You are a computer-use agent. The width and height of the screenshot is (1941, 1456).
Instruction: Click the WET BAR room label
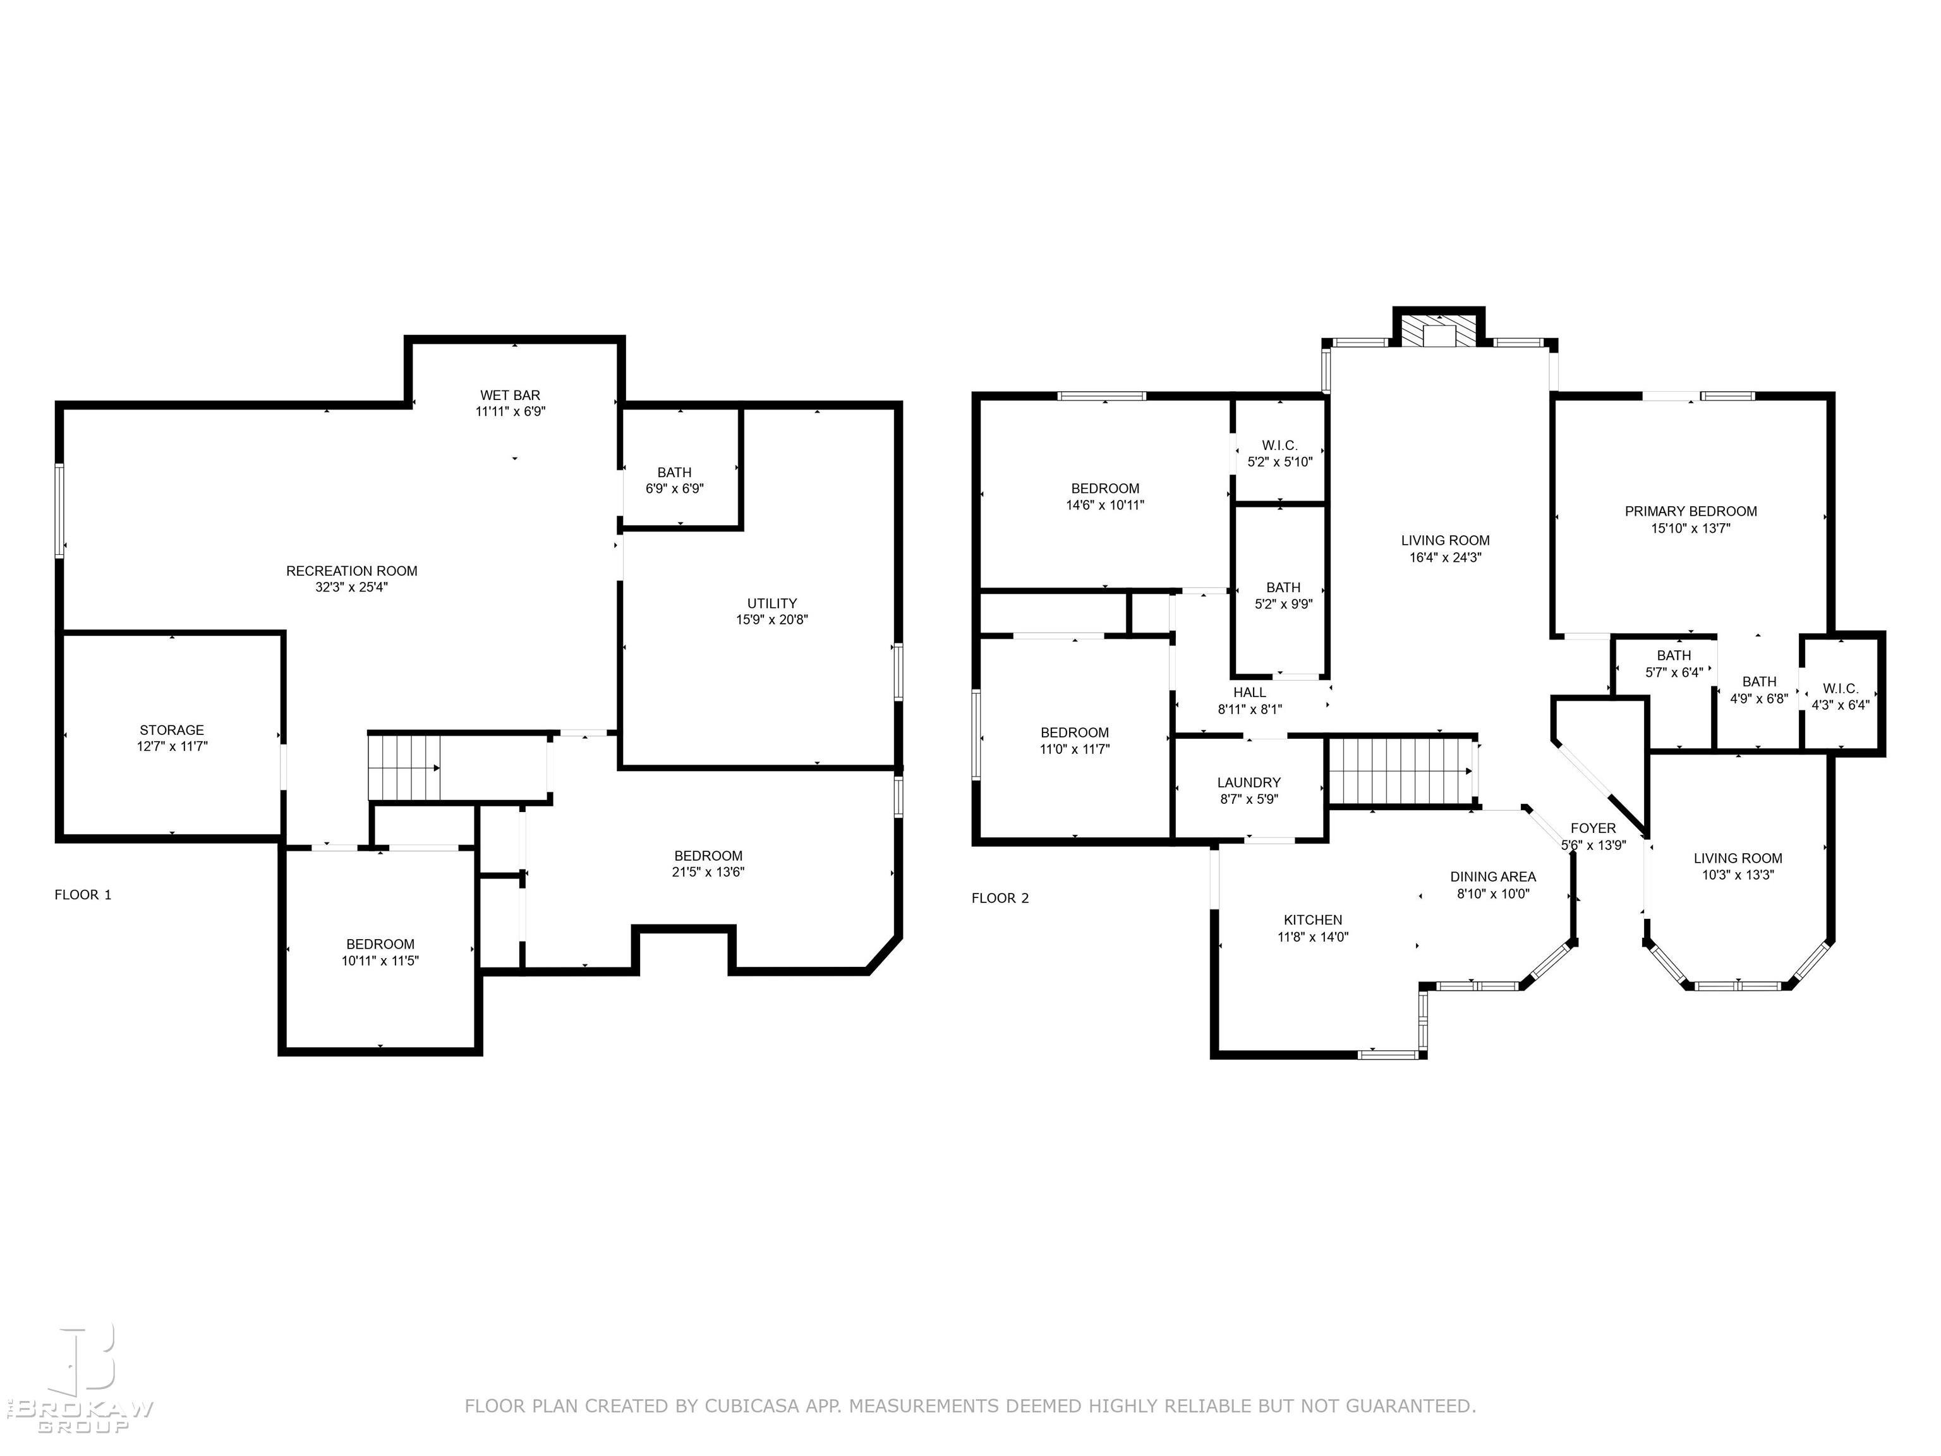pyautogui.click(x=510, y=395)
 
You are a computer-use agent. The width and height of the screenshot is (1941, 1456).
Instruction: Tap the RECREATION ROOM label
pyautogui.click(x=352, y=571)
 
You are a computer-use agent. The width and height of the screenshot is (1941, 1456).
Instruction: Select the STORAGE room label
pyautogui.click(x=172, y=730)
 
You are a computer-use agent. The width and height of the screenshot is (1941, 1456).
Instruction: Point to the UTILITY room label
pyautogui.click(x=772, y=604)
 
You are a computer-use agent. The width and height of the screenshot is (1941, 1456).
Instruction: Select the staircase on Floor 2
pyautogui.click(x=1402, y=770)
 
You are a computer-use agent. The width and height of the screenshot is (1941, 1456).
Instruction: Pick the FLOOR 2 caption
pyautogui.click(x=1000, y=899)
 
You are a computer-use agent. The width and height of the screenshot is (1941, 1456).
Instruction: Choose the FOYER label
pyautogui.click(x=1593, y=828)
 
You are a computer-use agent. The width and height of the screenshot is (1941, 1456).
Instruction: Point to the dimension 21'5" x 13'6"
pyautogui.click(x=708, y=872)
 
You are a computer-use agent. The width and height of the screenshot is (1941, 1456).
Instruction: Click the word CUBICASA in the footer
pyautogui.click(x=752, y=1406)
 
